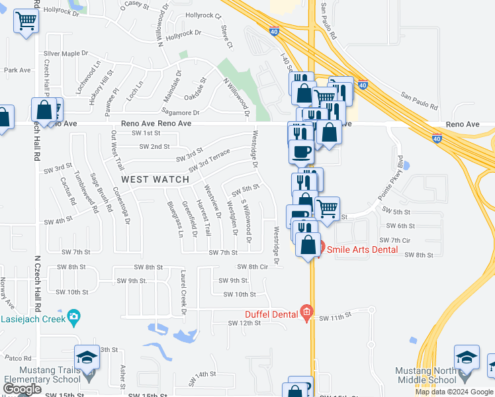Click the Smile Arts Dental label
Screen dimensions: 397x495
click(x=361, y=249)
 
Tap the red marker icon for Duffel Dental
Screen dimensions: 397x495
click(x=306, y=312)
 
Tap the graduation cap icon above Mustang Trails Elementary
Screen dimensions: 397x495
click(x=87, y=359)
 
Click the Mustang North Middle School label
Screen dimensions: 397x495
click(x=426, y=375)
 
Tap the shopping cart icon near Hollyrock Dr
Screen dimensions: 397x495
click(x=26, y=21)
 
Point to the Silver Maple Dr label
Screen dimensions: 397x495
click(x=66, y=53)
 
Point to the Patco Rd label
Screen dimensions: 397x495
click(x=15, y=357)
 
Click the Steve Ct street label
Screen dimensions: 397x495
click(x=227, y=36)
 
